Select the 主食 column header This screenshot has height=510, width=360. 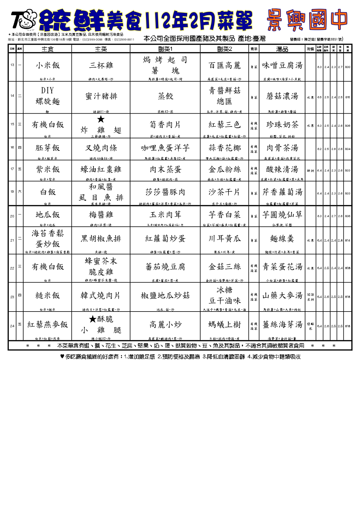pyautogui.click(x=47, y=49)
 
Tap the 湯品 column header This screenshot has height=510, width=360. pyautogui.click(x=282, y=49)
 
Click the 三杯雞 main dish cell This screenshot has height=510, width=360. pyautogui.click(x=101, y=66)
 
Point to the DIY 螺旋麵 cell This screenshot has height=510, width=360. pyautogui.click(x=47, y=96)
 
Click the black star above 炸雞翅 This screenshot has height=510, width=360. pyautogui.click(x=101, y=119)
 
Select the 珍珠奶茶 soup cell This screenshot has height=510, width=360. pyautogui.click(x=282, y=125)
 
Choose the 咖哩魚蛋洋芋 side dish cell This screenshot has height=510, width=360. pyautogui.click(x=165, y=148)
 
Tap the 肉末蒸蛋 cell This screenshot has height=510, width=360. pyautogui.click(x=165, y=169)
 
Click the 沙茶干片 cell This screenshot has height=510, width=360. pyautogui.click(x=224, y=192)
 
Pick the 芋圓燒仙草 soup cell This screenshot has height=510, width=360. pyautogui.click(x=282, y=215)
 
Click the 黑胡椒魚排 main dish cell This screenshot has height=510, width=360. pyautogui.click(x=101, y=239)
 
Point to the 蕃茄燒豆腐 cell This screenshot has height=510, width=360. pyautogui.click(x=165, y=267)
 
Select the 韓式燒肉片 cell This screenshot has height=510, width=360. pyautogui.click(x=101, y=296)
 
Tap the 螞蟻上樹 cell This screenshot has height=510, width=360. pyautogui.click(x=224, y=325)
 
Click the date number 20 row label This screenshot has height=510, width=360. pyautogui.click(x=12, y=216)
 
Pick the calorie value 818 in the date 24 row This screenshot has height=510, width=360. pyautogui.click(x=348, y=326)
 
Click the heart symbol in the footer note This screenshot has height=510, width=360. pyautogui.click(x=62, y=357)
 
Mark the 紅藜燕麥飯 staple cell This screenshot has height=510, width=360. pyautogui.click(x=47, y=325)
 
